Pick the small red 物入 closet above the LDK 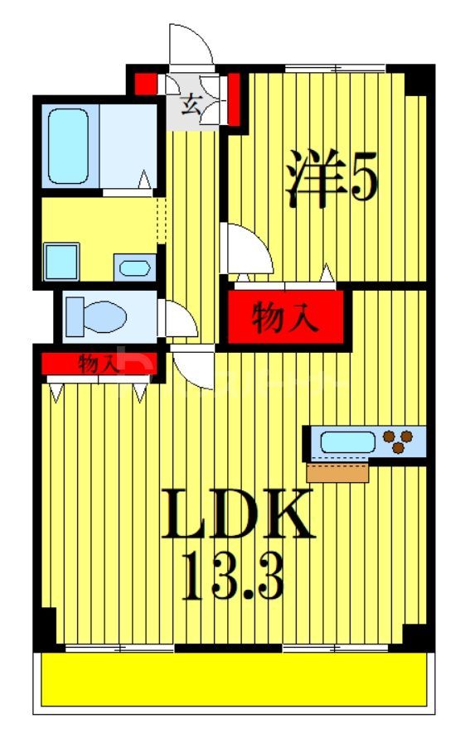pos(97,363)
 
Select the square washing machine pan pos(61,261)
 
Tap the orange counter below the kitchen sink pos(337,472)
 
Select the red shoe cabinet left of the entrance pos(146,84)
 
